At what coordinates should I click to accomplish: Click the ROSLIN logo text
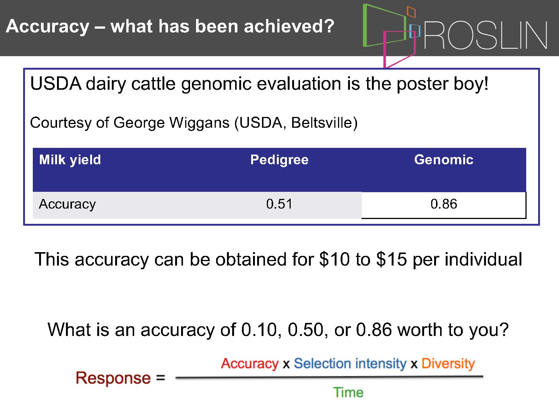point(486,35)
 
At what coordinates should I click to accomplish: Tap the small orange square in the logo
point(411,12)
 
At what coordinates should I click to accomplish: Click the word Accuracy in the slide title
point(48,27)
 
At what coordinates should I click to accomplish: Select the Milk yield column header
point(70,160)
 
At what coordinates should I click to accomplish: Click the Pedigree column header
point(279,160)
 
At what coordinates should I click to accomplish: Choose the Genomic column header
point(443,160)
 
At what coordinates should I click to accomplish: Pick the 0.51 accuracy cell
point(279,204)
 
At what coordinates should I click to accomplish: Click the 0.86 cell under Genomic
point(443,204)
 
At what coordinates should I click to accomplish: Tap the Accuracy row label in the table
point(67,204)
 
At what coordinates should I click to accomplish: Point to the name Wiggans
point(199,123)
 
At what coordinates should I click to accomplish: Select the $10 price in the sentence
point(334,259)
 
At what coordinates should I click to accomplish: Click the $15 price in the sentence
point(391,259)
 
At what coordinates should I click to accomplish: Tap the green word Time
point(348,392)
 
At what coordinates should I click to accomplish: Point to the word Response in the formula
point(113,378)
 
